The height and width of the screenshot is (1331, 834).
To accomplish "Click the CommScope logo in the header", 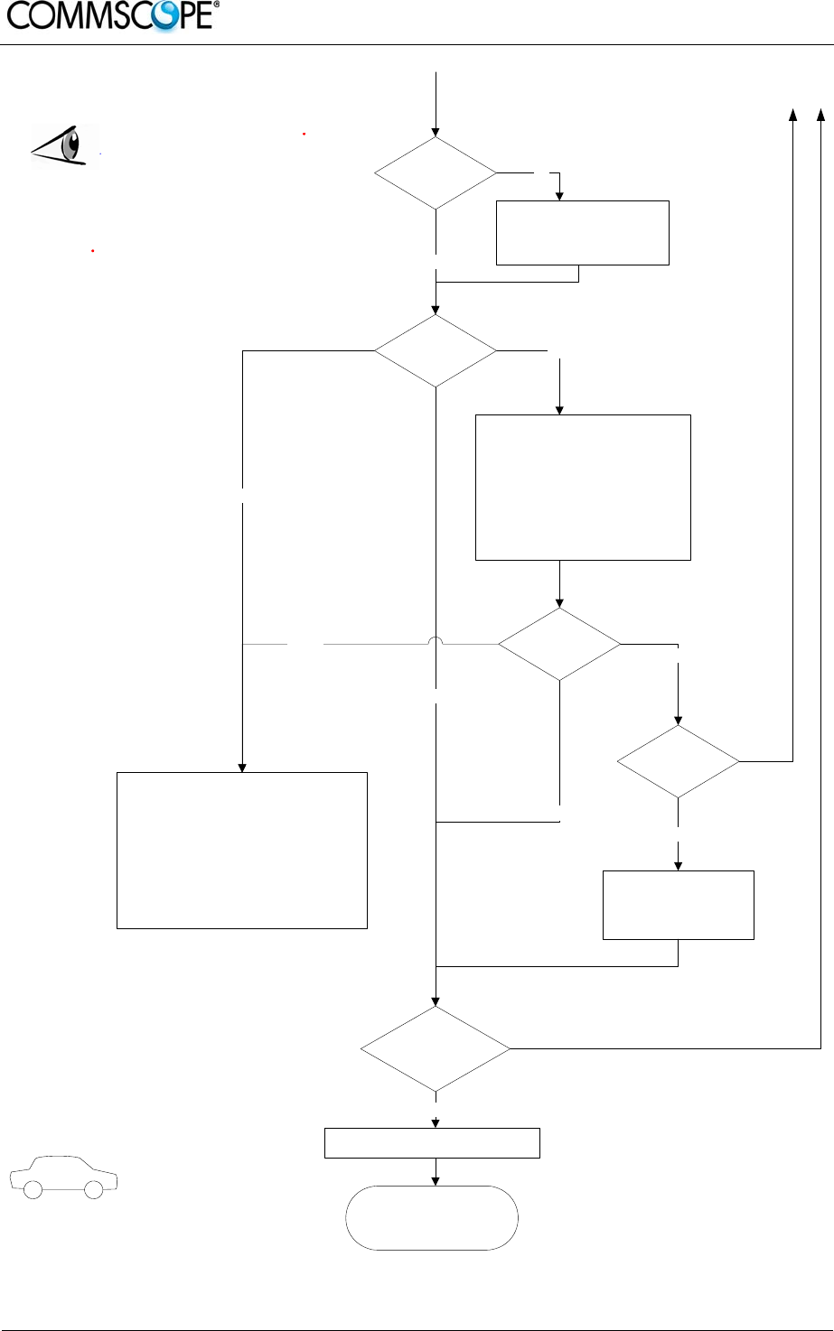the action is (x=111, y=15).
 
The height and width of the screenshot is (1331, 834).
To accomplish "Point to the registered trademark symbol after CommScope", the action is (x=216, y=5).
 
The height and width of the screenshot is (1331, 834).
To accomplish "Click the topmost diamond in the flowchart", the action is (x=436, y=172).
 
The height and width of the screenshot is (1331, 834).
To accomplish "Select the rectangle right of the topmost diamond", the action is (x=583, y=232).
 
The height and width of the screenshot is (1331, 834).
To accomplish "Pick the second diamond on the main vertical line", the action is (x=436, y=350).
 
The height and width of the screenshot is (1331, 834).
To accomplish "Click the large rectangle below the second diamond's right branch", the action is (x=583, y=487).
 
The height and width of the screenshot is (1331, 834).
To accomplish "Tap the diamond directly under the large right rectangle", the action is (x=559, y=644).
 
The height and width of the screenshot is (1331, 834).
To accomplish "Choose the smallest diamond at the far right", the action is (x=678, y=761).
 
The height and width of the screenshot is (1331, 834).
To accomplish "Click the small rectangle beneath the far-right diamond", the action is (x=678, y=905).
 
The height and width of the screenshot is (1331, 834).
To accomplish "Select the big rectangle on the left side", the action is (x=242, y=850).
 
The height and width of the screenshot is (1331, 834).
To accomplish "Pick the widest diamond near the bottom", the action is (x=436, y=1048).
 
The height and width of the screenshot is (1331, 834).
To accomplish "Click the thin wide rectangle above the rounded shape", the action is (x=432, y=1142).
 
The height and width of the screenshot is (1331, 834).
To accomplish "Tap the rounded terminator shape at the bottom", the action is (x=432, y=1217).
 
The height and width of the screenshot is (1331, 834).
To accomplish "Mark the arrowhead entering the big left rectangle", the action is (x=242, y=767).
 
